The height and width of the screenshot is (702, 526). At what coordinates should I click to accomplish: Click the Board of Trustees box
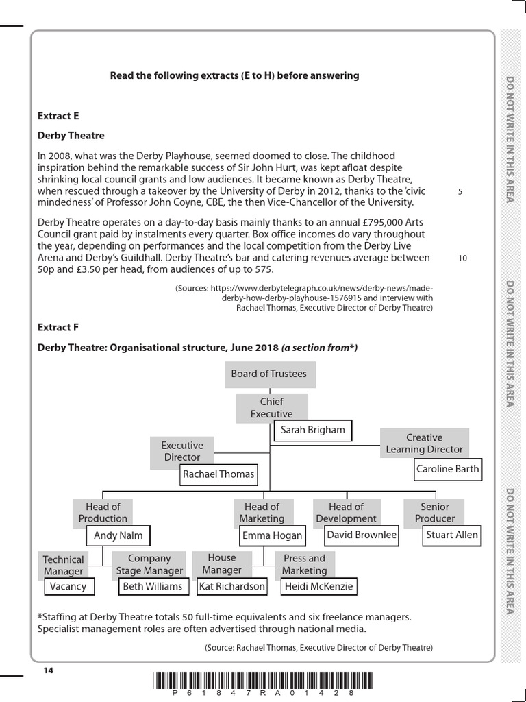coord(269,374)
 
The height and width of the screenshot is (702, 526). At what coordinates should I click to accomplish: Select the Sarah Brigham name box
coord(313,431)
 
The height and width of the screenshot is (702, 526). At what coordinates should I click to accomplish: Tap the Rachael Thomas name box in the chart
coord(218,474)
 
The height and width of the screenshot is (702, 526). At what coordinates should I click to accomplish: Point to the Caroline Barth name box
coord(448,470)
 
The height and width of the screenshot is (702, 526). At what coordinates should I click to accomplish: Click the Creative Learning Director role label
coord(424,444)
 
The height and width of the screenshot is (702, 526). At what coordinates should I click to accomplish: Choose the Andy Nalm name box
coord(118,535)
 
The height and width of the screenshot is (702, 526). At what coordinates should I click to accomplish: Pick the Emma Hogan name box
coord(272,536)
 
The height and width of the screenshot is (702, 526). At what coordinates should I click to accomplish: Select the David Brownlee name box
coord(362,535)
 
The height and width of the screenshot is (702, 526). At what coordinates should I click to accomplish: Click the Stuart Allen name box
coord(452,535)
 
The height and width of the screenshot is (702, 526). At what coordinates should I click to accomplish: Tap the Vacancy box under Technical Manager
coord(68,586)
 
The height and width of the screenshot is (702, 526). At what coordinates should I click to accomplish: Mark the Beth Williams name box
coord(153,586)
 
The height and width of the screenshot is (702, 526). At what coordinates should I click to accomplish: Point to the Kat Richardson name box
coord(231,586)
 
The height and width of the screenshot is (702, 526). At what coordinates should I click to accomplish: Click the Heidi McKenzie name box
coord(318,586)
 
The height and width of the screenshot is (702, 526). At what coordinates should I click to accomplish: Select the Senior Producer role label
coord(434,513)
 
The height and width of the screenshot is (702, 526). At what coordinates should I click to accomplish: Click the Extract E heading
coord(58,117)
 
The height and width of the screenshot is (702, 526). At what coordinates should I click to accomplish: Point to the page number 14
coord(48,670)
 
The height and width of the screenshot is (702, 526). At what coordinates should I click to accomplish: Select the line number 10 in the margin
coord(462,258)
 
